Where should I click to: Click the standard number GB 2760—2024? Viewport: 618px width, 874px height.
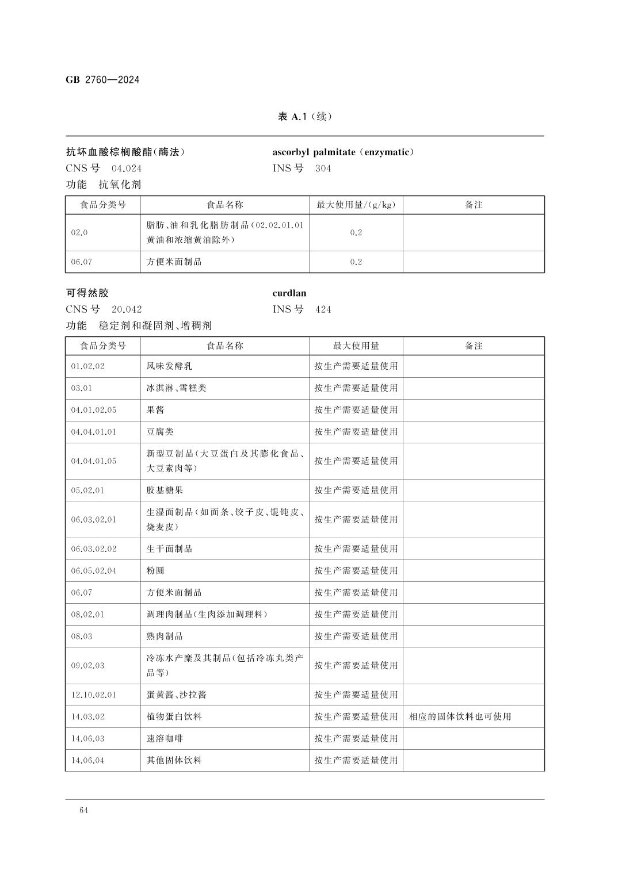click(x=102, y=80)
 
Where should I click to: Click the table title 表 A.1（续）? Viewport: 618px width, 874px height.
click(x=304, y=117)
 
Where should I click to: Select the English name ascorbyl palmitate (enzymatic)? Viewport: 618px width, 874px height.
click(x=343, y=152)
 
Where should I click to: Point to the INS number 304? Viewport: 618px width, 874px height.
click(x=323, y=168)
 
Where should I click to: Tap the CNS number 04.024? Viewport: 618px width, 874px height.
click(x=127, y=168)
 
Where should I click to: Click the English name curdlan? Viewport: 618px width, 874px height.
click(x=289, y=293)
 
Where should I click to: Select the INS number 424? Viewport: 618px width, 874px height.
click(x=323, y=309)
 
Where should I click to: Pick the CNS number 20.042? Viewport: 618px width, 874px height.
click(x=127, y=309)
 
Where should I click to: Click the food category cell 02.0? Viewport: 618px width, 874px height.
click(x=79, y=233)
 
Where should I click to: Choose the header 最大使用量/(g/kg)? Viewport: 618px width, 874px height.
click(x=356, y=205)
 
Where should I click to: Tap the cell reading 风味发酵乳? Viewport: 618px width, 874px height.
click(x=166, y=366)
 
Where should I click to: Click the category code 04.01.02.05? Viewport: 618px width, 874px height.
click(x=94, y=410)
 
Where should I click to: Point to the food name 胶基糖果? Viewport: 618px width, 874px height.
click(x=165, y=490)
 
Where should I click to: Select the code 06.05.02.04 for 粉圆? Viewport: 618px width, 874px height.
click(x=94, y=571)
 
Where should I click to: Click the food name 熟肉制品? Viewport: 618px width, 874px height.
click(x=165, y=637)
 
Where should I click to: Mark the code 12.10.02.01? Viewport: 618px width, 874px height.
click(x=94, y=695)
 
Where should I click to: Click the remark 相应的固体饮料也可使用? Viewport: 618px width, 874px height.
click(x=460, y=717)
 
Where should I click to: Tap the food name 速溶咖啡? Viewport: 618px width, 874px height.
click(x=165, y=739)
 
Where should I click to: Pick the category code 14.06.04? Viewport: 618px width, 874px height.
click(x=88, y=761)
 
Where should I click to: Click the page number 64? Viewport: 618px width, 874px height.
click(x=84, y=811)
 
